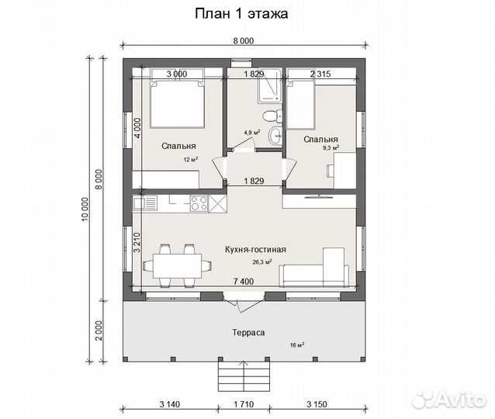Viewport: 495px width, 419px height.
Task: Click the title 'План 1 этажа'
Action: pyautogui.click(x=241, y=14)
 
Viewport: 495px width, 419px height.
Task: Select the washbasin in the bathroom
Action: pyautogui.click(x=275, y=136)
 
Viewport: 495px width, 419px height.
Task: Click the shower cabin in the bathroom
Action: pyautogui.click(x=269, y=86)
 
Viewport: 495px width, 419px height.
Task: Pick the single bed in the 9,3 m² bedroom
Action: pyautogui.click(x=300, y=104)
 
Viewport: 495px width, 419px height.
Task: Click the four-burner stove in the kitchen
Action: pyautogui.click(x=199, y=203)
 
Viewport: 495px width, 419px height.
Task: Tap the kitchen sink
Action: pyautogui.click(x=145, y=203)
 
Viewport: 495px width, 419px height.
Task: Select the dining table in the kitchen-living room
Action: pyautogui.click(x=177, y=266)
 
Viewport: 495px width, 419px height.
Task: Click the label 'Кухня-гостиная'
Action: pyautogui.click(x=255, y=250)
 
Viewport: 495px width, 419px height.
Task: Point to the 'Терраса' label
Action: pyautogui.click(x=248, y=333)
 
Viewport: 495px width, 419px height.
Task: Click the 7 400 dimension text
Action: pyautogui.click(x=243, y=281)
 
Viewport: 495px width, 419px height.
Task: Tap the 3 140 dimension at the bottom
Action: pyautogui.click(x=169, y=404)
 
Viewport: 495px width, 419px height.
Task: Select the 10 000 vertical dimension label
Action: pyautogui.click(x=85, y=209)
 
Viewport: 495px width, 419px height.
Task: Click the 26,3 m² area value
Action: pyautogui.click(x=262, y=261)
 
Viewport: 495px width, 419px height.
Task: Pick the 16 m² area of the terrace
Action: pyautogui.click(x=297, y=345)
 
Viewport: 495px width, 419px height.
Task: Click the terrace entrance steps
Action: pyautogui.click(x=244, y=376)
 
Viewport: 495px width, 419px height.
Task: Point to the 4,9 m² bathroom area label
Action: pyautogui.click(x=252, y=133)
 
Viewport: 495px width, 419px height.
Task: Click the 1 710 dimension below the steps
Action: pyautogui.click(x=244, y=404)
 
